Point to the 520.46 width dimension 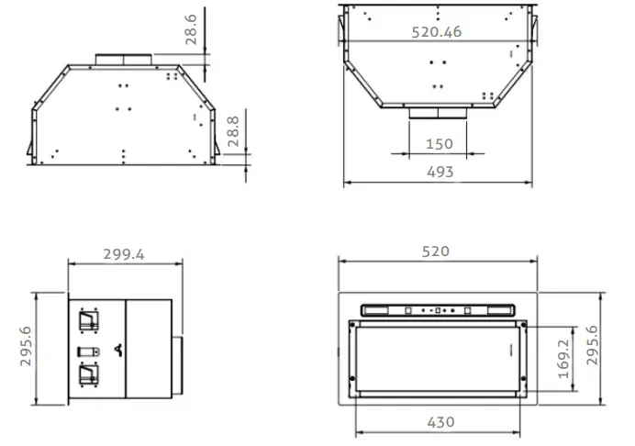(436, 32)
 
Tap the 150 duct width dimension (440, 144)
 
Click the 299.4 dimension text (124, 254)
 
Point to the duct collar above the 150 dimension (440, 113)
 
